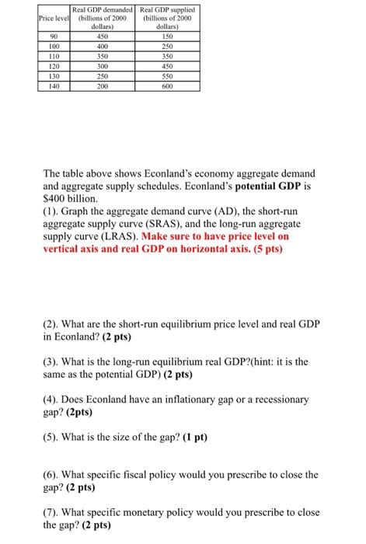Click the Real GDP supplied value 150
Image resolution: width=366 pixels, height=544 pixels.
(165, 35)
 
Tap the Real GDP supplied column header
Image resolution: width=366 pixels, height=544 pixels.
(165, 17)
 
